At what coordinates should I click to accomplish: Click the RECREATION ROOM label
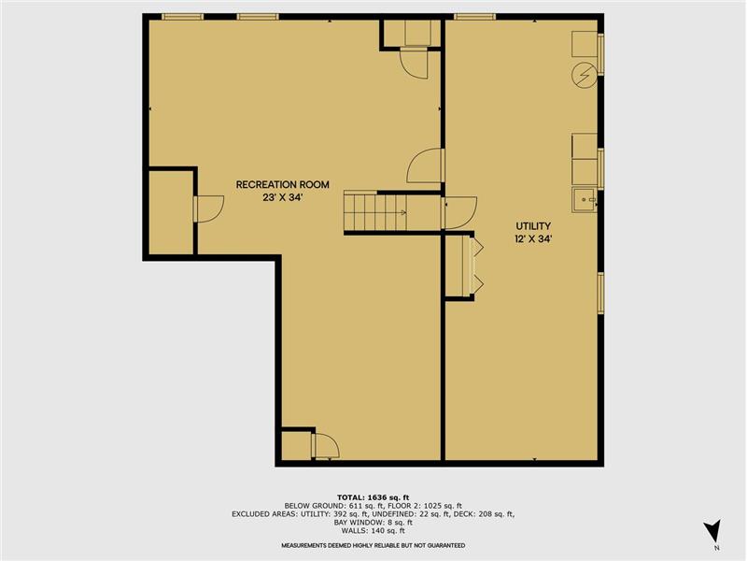[x=283, y=184]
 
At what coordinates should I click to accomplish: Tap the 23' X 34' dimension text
[x=283, y=198]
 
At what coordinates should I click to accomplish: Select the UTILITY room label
[x=533, y=226]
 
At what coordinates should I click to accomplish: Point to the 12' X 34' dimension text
[x=533, y=239]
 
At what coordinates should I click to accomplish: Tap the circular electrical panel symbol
[x=585, y=76]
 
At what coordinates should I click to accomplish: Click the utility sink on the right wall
[x=585, y=200]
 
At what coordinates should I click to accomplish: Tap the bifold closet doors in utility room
[x=477, y=266]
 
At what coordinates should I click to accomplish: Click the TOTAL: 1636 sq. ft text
[x=373, y=497]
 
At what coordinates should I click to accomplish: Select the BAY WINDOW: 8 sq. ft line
[x=373, y=523]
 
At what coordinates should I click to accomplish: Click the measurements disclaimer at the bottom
[x=373, y=545]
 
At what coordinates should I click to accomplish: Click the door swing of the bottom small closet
[x=326, y=446]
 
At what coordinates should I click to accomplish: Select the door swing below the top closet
[x=414, y=64]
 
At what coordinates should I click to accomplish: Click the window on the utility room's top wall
[x=474, y=17]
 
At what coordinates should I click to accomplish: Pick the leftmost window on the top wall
[x=182, y=17]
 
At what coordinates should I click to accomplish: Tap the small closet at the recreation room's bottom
[x=296, y=446]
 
